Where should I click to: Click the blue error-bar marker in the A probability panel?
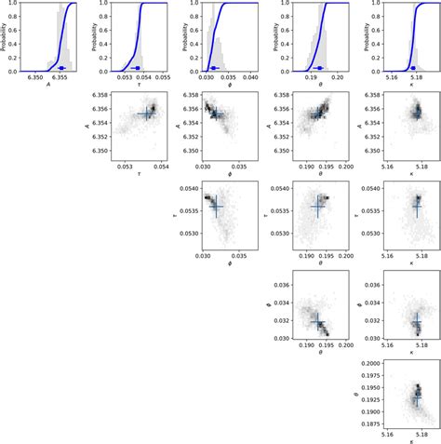pyautogui.click(x=60, y=68)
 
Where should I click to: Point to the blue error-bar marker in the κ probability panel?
pyautogui.click(x=415, y=68)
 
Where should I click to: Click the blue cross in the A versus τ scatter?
pyautogui.click(x=147, y=114)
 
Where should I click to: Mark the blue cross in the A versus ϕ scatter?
pyautogui.click(x=216, y=114)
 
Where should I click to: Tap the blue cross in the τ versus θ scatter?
pyautogui.click(x=316, y=206)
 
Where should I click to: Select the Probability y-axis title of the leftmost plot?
pyautogui.click(x=6, y=37)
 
